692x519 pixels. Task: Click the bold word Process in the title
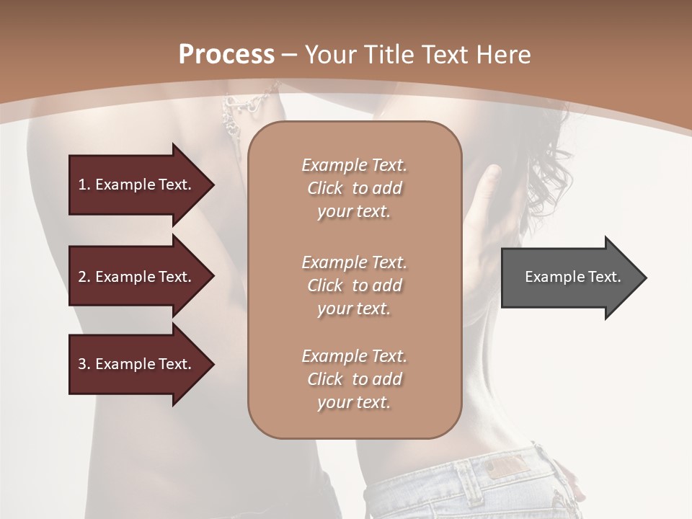[226, 55]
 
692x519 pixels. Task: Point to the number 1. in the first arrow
[84, 185]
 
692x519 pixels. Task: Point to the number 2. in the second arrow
[84, 277]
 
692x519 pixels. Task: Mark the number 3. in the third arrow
[84, 364]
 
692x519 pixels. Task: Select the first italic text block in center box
[354, 188]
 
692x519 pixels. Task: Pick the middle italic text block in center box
[354, 285]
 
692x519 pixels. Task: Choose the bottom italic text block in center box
[354, 379]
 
